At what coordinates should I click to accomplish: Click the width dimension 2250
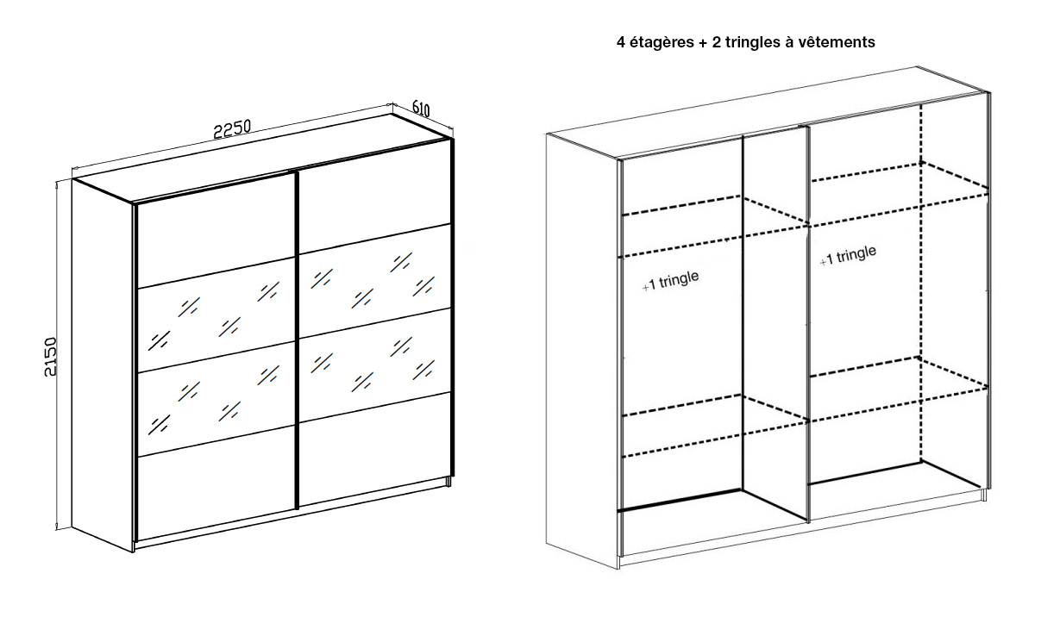tap(231, 128)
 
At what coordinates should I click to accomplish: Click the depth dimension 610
tap(421, 108)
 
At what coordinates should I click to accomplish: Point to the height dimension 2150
tap(50, 357)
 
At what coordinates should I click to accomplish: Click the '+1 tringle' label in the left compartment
tap(670, 280)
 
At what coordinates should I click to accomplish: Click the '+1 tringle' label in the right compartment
tap(848, 256)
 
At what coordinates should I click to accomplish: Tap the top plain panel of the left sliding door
tap(215, 232)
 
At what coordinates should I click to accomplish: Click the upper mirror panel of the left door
tap(215, 315)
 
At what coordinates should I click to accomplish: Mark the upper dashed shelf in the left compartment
tap(714, 227)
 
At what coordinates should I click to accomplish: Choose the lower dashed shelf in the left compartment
tap(714, 426)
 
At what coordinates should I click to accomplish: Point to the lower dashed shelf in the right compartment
tap(899, 390)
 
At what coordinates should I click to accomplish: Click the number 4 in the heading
tap(621, 42)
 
